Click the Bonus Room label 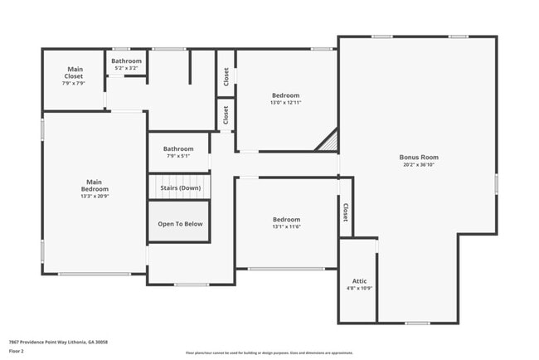(x=418, y=157)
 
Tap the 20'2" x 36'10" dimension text (x=418, y=164)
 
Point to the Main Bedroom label (x=95, y=185)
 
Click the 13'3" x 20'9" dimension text (x=95, y=197)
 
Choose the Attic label (x=360, y=281)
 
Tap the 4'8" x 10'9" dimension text (x=360, y=289)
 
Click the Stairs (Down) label (x=179, y=187)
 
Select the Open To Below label (x=180, y=224)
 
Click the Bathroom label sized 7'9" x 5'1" (x=178, y=148)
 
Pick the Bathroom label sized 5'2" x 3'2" (x=127, y=61)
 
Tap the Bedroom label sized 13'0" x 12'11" (x=285, y=95)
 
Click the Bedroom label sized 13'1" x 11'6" (x=286, y=220)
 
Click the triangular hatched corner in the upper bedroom (x=329, y=143)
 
